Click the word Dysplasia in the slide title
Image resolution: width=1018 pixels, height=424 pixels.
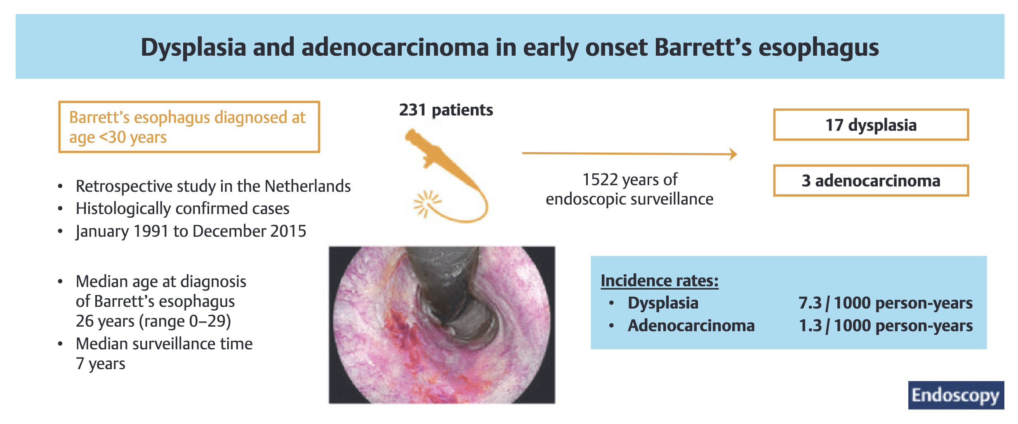[193, 48]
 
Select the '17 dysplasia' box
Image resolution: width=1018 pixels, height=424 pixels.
[871, 125]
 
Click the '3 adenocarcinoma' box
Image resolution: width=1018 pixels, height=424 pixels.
[871, 181]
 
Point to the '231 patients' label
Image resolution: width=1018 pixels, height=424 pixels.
[446, 110]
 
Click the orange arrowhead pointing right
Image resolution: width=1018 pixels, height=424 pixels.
[733, 154]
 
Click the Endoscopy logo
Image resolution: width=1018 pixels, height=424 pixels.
[956, 395]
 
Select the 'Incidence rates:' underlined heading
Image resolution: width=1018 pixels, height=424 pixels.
[659, 281]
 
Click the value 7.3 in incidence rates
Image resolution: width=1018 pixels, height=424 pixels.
[810, 303]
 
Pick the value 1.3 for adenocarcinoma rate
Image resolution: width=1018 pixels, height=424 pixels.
[810, 326]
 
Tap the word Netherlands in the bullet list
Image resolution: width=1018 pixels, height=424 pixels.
[307, 186]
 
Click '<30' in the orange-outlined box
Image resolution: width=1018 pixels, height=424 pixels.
[112, 137]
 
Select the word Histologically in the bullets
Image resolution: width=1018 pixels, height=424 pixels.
[123, 209]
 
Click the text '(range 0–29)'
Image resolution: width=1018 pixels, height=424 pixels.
[185, 321]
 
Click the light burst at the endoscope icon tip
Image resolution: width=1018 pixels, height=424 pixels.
[426, 203]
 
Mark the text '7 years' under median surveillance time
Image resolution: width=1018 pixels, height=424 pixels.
[100, 364]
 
